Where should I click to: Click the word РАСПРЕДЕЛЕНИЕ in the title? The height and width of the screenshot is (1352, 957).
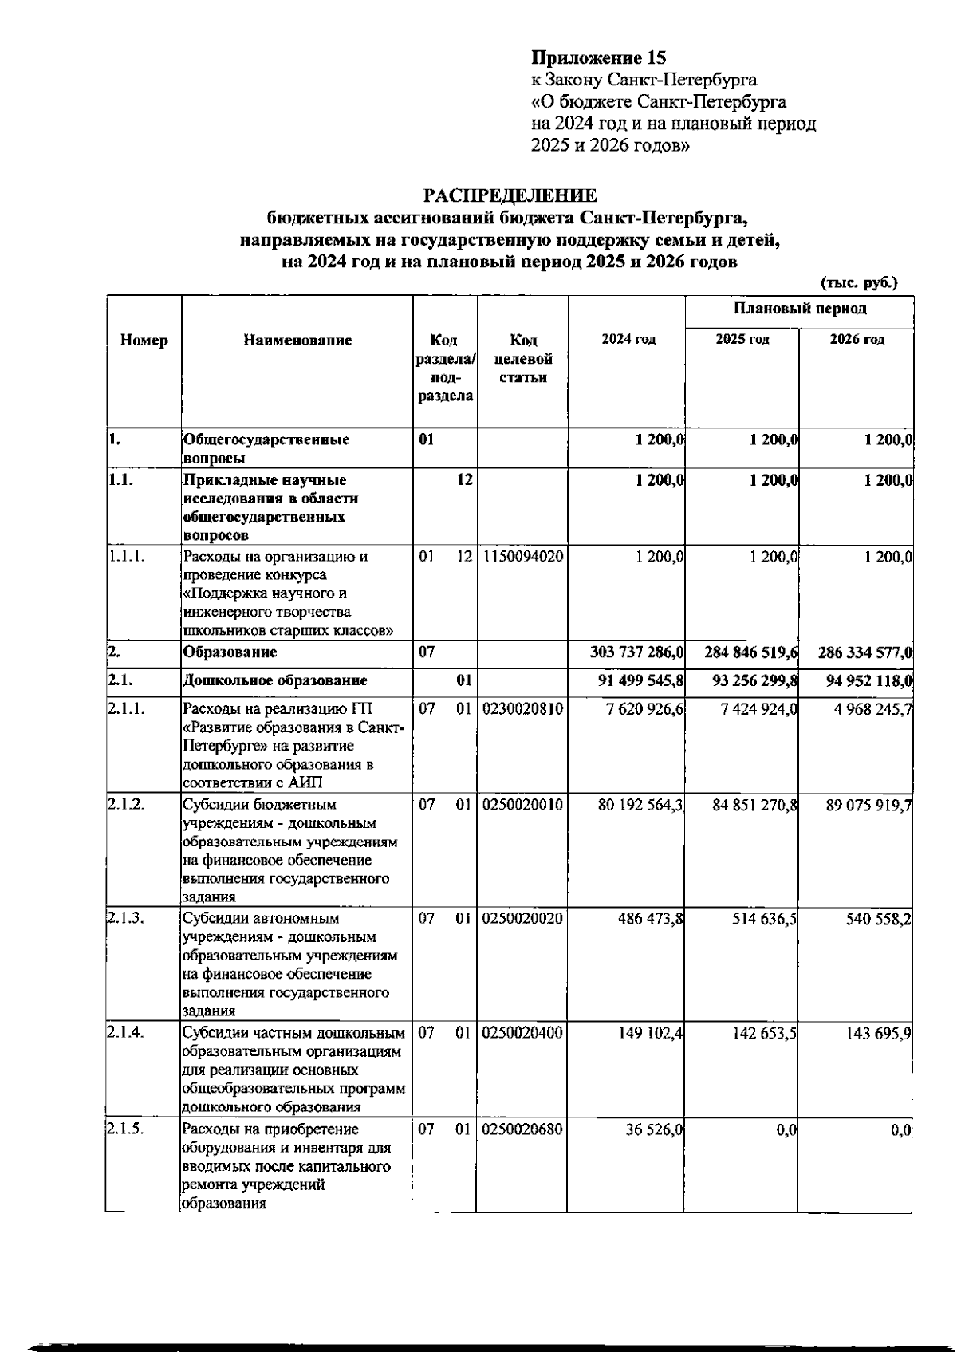(510, 196)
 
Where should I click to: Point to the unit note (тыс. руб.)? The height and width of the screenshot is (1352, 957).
(859, 282)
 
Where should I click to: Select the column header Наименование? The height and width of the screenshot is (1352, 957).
(297, 341)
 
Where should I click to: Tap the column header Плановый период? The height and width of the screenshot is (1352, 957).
(799, 309)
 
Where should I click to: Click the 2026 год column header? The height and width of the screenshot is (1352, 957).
(857, 340)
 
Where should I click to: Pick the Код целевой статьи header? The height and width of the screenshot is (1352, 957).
(522, 358)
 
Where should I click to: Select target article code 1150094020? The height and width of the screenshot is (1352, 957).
(522, 557)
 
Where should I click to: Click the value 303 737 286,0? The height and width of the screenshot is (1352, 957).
(637, 653)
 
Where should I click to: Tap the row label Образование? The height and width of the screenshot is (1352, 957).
(230, 653)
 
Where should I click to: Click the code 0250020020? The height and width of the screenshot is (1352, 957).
(522, 919)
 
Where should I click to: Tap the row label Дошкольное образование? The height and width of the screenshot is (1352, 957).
(275, 681)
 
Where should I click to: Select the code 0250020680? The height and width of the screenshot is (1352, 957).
(522, 1130)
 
